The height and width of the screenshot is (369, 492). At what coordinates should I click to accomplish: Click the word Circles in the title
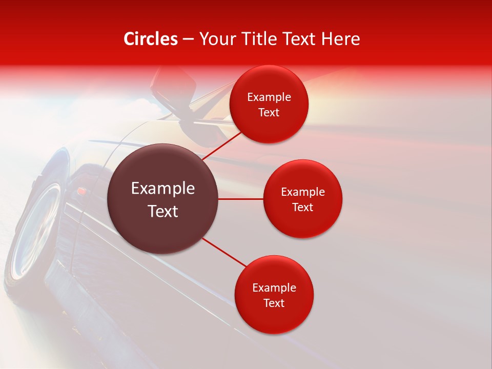151,39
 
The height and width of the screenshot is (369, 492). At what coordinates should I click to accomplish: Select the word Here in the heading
340,39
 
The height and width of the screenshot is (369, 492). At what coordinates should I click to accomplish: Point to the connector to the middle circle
241,199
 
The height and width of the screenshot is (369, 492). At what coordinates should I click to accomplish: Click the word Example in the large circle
163,189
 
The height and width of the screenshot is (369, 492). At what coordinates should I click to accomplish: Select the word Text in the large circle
163,211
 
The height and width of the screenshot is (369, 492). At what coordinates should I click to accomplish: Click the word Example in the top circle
269,97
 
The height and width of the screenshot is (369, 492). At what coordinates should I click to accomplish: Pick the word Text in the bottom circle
274,303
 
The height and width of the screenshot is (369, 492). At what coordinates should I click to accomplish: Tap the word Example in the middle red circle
302,192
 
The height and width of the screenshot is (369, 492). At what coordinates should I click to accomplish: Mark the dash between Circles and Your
188,39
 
